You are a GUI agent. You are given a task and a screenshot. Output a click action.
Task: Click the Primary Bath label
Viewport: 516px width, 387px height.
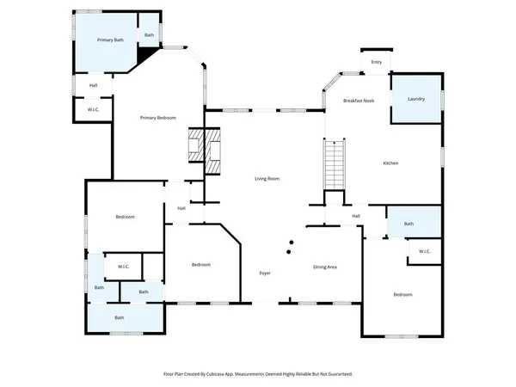[110, 40]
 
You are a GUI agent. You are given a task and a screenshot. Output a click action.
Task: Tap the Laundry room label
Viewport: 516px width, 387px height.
[416, 99]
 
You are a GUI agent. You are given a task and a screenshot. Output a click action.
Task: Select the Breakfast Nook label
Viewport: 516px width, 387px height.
[359, 101]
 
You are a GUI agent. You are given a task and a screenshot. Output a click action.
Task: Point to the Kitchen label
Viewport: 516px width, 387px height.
[390, 163]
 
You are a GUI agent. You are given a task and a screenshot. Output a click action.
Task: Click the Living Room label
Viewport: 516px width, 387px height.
[267, 179]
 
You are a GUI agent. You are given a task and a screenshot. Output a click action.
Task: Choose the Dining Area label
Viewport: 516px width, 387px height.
[325, 267]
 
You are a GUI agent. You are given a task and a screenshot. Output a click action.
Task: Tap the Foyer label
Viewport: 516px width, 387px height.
[266, 273]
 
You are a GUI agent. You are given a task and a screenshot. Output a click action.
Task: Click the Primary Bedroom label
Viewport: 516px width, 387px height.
[158, 116]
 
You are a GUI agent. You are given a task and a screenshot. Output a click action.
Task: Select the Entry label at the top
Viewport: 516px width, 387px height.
[376, 62]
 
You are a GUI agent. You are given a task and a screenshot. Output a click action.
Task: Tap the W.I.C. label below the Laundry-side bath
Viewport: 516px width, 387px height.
[424, 251]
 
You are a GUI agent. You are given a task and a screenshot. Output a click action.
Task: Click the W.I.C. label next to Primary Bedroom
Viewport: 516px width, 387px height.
[93, 109]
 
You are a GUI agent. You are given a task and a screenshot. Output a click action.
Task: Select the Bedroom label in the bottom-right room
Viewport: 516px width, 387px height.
[402, 295]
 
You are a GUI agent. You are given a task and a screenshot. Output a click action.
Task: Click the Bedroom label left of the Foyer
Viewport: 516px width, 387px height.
[201, 265]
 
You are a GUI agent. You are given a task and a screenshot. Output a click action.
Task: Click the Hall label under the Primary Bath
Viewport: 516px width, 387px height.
[93, 85]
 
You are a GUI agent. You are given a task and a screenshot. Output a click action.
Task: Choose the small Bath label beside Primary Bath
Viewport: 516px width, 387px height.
[149, 35]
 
